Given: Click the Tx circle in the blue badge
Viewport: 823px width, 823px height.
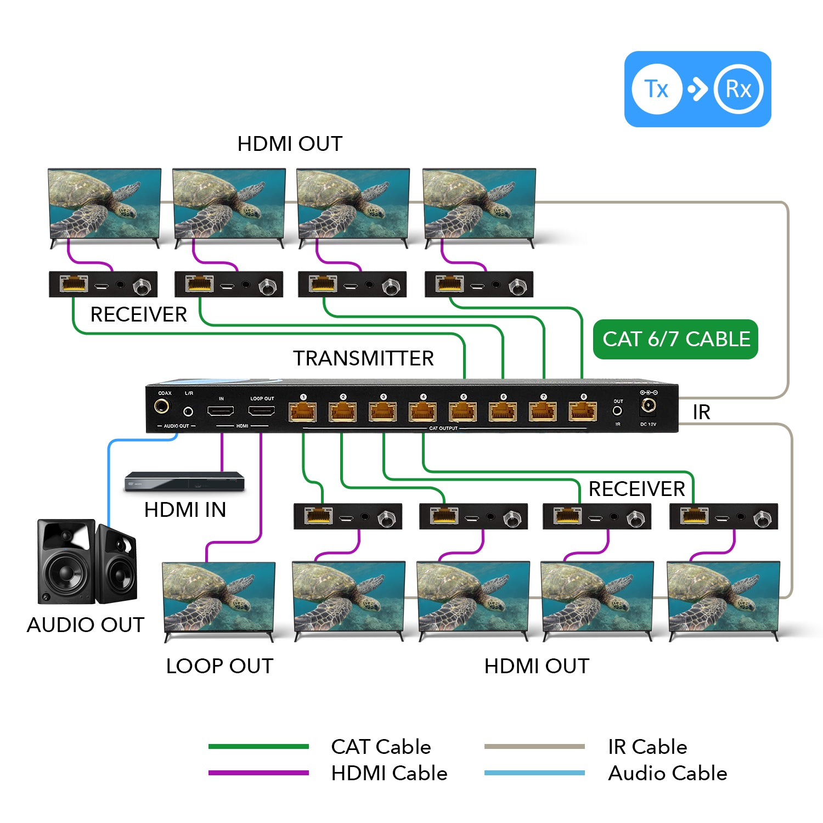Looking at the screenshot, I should coord(657,89).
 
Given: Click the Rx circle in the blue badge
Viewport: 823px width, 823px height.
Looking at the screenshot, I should coord(738,89).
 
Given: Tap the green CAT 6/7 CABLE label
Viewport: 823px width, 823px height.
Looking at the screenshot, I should coord(675,339).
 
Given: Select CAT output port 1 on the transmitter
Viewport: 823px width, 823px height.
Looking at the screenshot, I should coord(303,411).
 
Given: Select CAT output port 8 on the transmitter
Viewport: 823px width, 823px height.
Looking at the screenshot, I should coord(583,411).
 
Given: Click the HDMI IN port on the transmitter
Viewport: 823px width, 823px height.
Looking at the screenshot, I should coord(221,410).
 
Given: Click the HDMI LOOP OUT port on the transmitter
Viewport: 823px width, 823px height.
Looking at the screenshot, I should coord(262,410).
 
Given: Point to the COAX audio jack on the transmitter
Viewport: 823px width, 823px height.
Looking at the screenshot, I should coord(162,407).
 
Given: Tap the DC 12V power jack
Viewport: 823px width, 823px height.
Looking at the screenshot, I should coord(648,406).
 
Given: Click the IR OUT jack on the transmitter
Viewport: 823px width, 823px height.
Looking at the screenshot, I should coord(618,410).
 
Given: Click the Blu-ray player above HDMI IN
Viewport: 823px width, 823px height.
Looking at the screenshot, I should coord(184,482).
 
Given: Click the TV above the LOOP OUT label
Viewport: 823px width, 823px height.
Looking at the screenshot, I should coord(219,598).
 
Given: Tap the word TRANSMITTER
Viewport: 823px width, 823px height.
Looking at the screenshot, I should coord(363,358).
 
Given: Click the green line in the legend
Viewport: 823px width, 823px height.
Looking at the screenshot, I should coord(258,746).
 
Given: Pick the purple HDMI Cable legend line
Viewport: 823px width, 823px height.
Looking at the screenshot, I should coord(258,773).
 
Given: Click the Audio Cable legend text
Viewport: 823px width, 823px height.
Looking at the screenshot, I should coord(667,773).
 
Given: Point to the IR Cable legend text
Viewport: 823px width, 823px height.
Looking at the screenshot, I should coord(647,747).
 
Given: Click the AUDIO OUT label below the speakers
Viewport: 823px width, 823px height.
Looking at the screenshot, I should coord(86,625).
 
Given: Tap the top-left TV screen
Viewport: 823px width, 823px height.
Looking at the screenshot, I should coord(104,204).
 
